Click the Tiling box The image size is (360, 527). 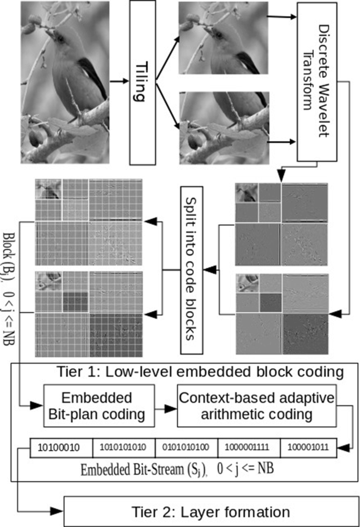143,83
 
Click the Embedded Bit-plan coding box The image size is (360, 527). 99,405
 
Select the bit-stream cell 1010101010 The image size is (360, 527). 124,448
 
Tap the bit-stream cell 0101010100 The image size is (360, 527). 186,448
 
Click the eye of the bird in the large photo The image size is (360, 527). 59,39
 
